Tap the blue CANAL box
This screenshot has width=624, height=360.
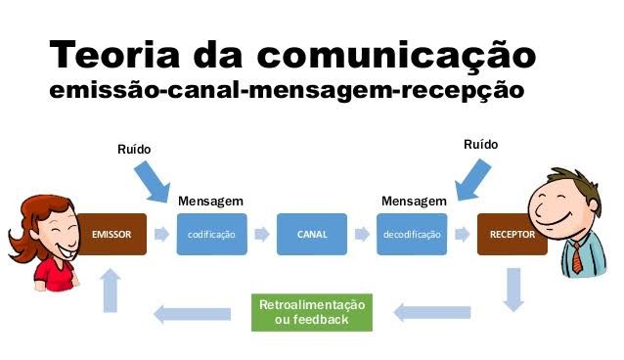coord(311,235)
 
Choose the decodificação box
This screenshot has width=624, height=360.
coord(412,235)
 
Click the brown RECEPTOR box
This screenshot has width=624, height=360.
coord(510,235)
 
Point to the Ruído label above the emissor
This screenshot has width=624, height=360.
coord(134,149)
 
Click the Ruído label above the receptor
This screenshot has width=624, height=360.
coord(480,145)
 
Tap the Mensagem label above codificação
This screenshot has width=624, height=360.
coord(210,201)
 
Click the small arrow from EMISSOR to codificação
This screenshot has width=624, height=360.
coord(161,235)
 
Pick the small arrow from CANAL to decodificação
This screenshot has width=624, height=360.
coord(362,235)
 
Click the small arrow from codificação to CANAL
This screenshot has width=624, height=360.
coord(261,235)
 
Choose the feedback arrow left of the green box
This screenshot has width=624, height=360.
coord(193,313)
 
